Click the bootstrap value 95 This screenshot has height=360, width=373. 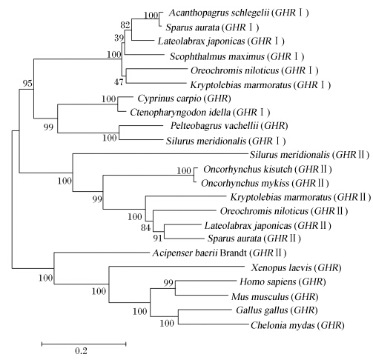coord(27,84)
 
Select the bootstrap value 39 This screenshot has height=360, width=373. coord(119,38)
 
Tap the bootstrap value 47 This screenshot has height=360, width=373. coord(119,82)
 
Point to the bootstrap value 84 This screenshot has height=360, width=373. coord(146,228)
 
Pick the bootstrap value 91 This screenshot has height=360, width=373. coord(157,239)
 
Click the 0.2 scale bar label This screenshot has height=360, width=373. coord(82,351)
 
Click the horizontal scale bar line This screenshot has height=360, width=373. coord(84,344)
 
